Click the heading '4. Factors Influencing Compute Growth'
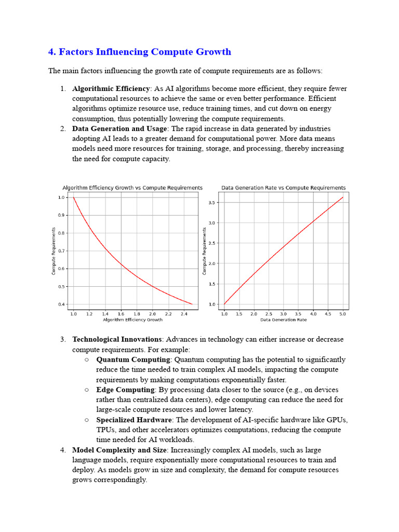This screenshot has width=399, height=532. pos(140,52)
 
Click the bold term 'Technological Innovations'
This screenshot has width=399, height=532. pos(117,339)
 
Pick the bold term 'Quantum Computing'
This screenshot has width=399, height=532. pos(134,360)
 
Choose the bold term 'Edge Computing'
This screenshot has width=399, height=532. pos(126,390)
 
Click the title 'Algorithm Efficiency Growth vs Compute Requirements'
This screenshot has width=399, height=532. pos(132,188)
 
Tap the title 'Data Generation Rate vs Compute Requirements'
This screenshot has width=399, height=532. pos(283,188)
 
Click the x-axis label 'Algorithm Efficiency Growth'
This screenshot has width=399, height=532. pos(133,320)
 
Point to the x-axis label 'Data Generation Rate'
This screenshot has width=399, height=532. pos(283,320)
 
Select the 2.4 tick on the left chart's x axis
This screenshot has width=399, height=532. pos(184,314)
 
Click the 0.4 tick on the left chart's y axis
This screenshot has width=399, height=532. pos(61,304)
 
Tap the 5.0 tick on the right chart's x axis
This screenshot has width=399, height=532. pos(342,314)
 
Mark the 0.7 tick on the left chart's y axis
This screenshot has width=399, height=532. pos(61,251)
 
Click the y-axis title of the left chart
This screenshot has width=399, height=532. pos(54,251)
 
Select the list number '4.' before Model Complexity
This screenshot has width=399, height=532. pos(63,450)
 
